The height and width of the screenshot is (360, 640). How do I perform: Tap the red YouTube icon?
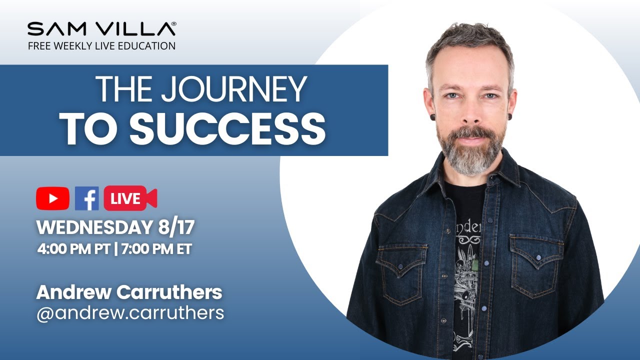52,198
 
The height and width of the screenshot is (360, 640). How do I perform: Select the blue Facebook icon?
86,198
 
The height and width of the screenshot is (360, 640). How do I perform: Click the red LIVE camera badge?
130,198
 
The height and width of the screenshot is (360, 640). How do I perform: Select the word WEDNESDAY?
92,228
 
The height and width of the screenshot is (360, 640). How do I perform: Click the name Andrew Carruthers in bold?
129,292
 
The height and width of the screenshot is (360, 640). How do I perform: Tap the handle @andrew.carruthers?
130,313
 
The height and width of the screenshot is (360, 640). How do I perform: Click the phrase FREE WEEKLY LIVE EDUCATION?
101,46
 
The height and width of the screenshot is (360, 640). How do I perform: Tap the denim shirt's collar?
505,170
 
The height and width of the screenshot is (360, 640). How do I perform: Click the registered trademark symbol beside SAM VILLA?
173,23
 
